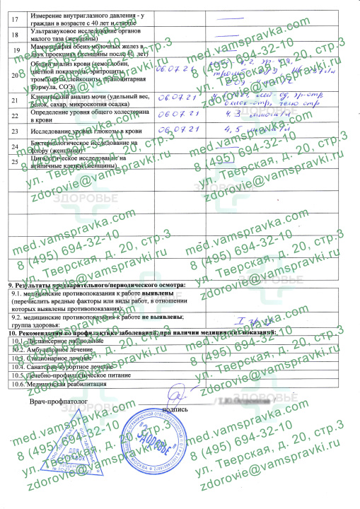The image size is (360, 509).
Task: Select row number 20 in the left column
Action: [16, 74]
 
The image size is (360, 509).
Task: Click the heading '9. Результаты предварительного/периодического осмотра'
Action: [96, 284]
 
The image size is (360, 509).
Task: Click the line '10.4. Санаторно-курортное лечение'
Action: [68, 368]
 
